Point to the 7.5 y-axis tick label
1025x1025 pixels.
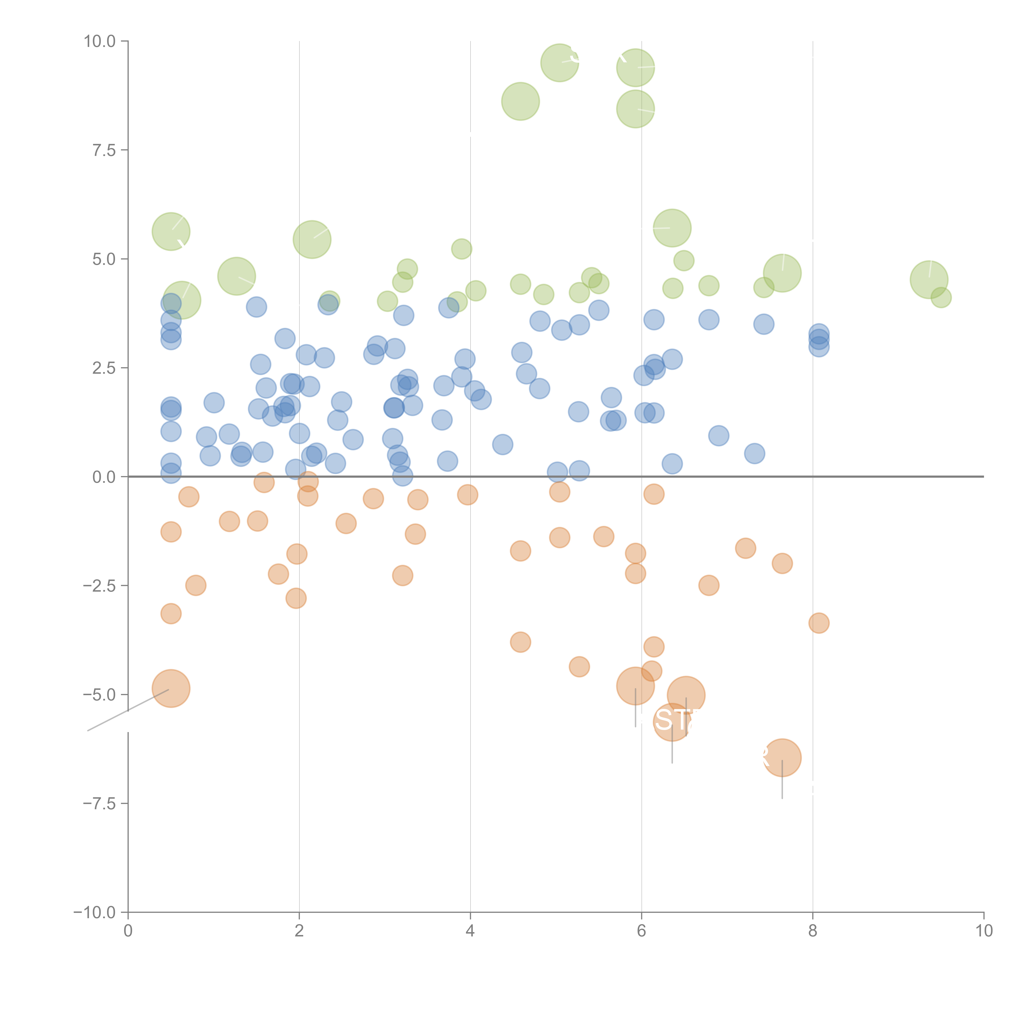click(x=104, y=150)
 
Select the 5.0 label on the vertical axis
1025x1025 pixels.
click(x=104, y=260)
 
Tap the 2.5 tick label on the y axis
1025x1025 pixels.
click(x=104, y=368)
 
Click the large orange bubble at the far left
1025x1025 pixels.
click(x=171, y=689)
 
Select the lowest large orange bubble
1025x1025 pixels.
click(x=782, y=758)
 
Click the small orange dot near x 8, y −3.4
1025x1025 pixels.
click(x=819, y=623)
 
